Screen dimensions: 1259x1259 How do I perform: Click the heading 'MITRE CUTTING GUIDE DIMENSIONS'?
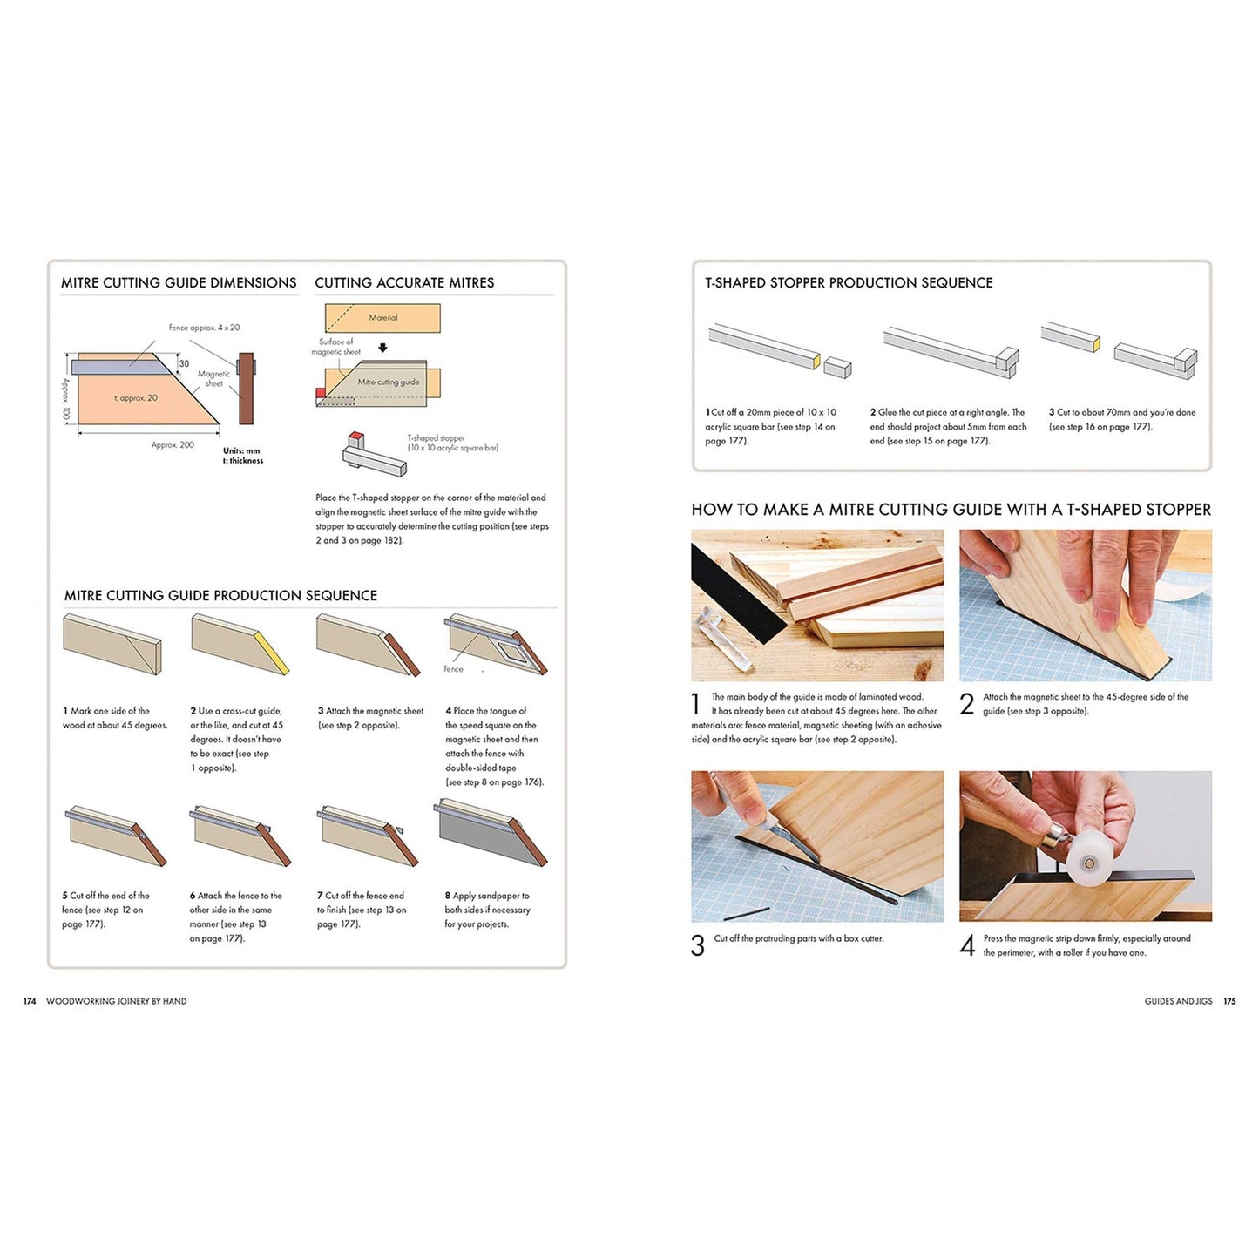179,283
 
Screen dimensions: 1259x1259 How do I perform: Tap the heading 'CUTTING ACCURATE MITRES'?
404,283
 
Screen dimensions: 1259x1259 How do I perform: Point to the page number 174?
30,1001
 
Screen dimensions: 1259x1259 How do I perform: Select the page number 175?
1229,1001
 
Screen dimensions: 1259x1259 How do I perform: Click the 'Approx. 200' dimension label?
173,445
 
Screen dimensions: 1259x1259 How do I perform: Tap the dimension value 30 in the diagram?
184,364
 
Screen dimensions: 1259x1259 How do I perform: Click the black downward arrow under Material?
382,349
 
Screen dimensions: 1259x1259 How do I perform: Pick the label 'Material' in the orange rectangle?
382,317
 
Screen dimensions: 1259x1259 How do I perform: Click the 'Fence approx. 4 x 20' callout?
205,328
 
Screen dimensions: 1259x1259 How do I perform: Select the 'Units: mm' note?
241,450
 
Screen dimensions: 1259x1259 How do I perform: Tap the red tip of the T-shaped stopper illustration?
355,436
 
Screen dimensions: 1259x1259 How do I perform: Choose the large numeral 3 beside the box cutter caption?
698,946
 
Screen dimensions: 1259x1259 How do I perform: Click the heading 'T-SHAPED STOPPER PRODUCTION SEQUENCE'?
849,283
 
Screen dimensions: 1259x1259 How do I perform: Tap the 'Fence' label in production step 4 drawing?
453,669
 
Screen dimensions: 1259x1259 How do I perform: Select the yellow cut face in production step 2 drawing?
275,653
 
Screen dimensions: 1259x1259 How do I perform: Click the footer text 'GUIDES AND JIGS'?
1178,1001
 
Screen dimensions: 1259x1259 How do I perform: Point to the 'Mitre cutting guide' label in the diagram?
389,382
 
